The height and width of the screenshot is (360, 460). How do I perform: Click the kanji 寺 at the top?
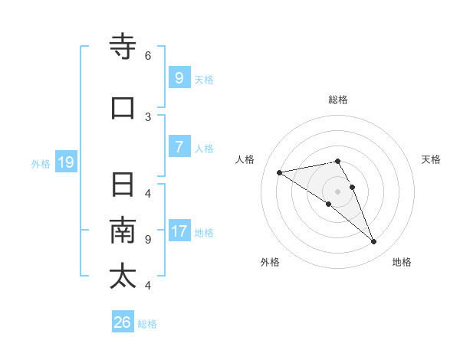[x=123, y=47]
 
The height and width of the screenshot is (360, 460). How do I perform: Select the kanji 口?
[x=123, y=108]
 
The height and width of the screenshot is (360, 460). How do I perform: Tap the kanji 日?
[x=123, y=185]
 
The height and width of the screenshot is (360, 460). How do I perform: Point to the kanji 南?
[x=123, y=231]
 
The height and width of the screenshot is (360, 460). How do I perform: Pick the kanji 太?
[x=123, y=277]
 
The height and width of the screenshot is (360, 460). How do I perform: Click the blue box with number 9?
[x=179, y=77]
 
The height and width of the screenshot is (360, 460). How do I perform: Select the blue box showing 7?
[x=179, y=147]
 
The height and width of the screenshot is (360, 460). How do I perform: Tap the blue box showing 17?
[x=179, y=231]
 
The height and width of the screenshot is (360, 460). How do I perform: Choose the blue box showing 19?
[x=66, y=162]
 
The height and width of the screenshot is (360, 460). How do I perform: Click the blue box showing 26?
[x=123, y=322]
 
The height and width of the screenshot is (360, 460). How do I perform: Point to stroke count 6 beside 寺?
[x=148, y=56]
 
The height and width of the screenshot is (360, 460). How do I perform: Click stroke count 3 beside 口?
[x=148, y=117]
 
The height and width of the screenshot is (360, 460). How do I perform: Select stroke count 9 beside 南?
[x=148, y=240]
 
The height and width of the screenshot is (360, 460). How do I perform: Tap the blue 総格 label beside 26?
[x=147, y=324]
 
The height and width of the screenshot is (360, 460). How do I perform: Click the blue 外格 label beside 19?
[x=41, y=163]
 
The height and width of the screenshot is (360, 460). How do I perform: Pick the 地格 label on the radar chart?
[x=402, y=262]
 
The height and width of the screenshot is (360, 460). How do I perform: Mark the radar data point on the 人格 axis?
[x=279, y=172]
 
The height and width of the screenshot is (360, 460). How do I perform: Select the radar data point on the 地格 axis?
[x=373, y=242]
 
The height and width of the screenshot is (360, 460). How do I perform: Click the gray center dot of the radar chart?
[x=337, y=191]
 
